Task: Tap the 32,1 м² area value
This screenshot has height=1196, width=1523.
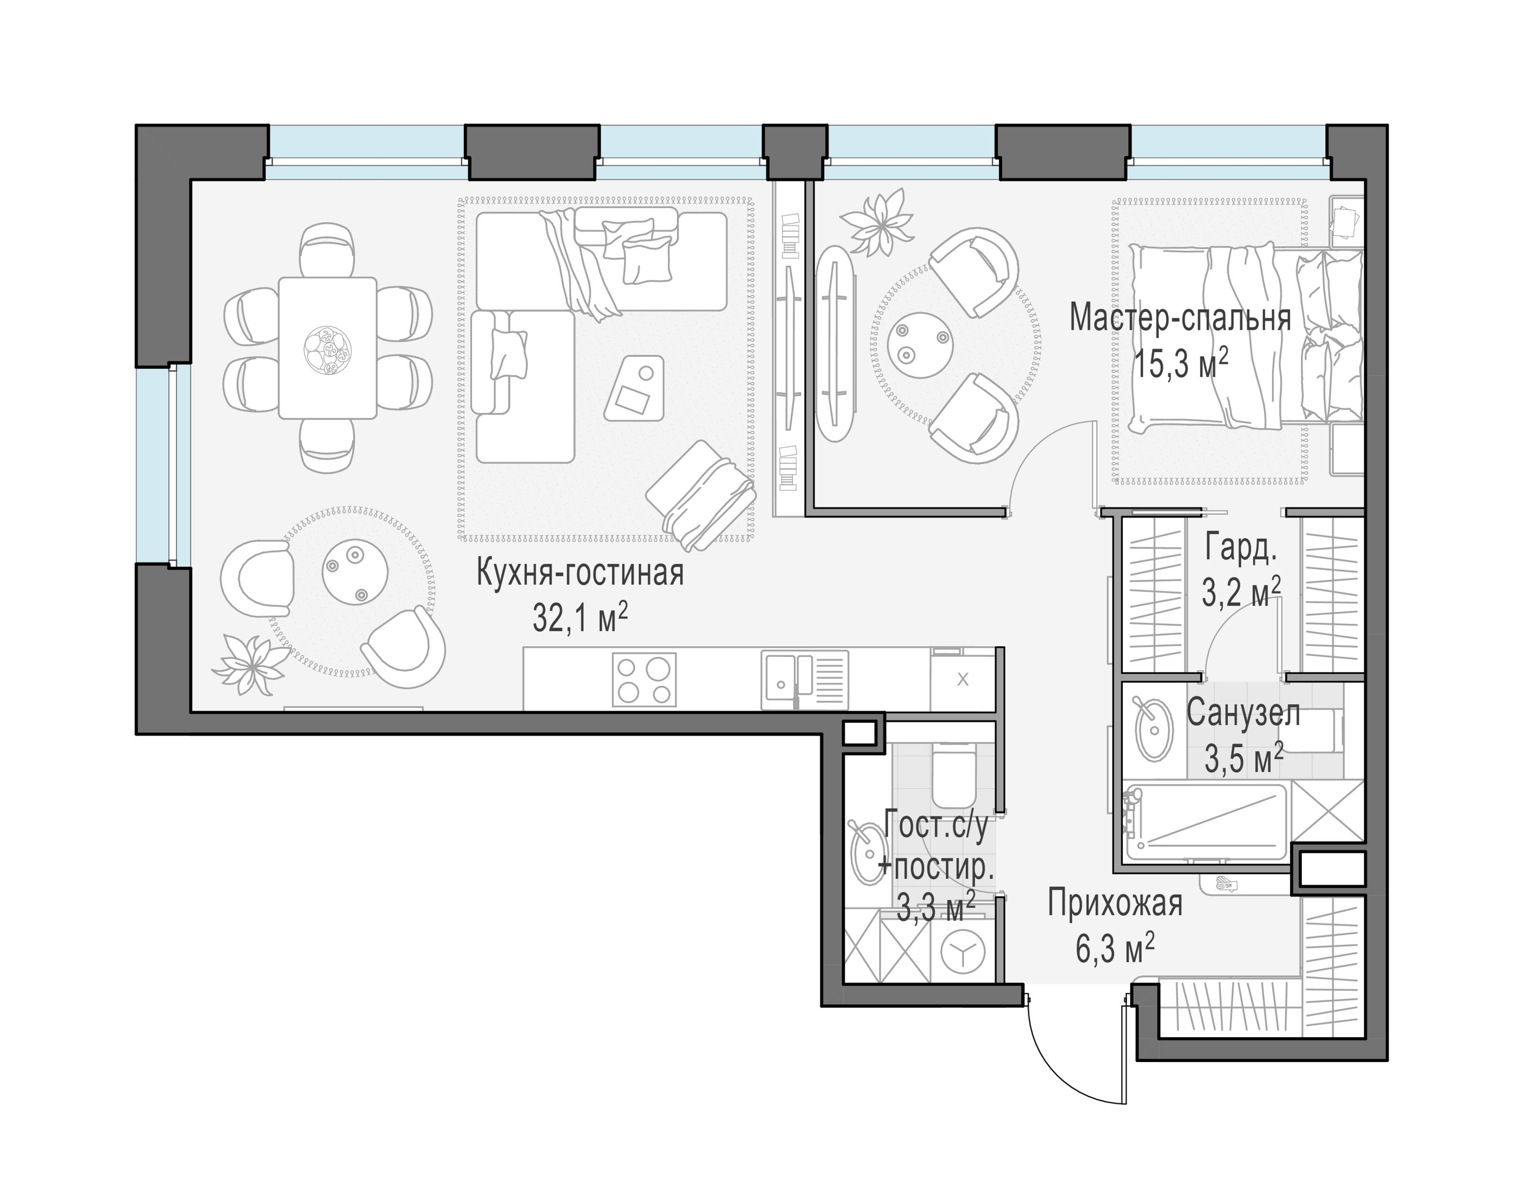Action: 580,618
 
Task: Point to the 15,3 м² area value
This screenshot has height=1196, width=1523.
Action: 1181,363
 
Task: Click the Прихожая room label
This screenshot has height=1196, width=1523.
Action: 1115,903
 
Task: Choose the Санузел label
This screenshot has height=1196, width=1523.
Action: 1243,714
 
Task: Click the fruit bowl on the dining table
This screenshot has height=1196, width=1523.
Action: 328,348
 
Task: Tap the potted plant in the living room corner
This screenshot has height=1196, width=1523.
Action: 251,663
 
